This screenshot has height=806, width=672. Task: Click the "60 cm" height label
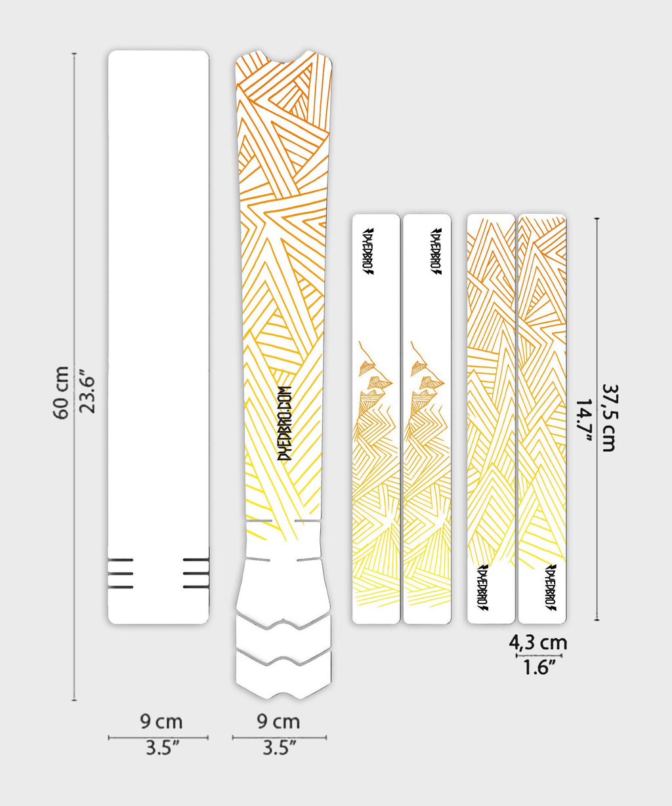click(60, 393)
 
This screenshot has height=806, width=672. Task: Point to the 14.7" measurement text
click(584, 421)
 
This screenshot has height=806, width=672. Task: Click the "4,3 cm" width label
click(538, 643)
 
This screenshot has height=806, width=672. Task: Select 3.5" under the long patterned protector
click(279, 748)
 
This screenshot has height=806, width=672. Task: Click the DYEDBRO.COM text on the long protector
click(285, 423)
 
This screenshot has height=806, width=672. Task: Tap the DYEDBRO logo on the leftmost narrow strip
click(369, 251)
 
